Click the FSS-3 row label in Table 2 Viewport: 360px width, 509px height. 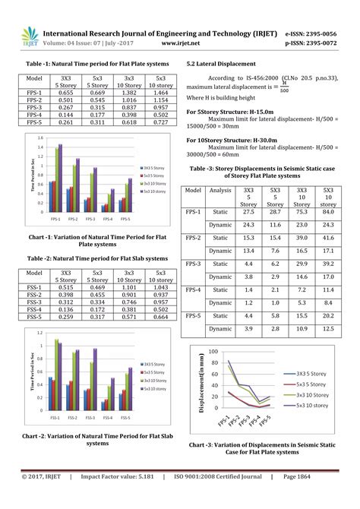(34, 302)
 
